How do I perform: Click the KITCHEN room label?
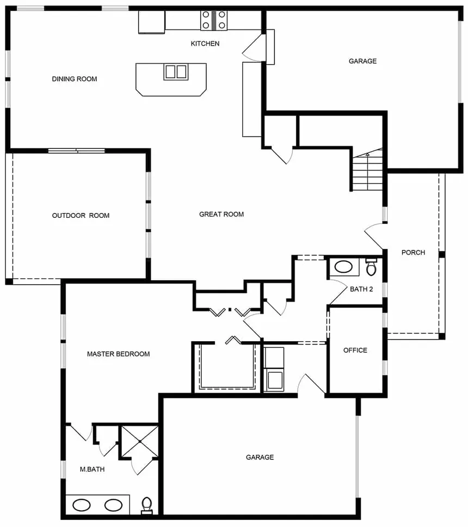coord(205,43)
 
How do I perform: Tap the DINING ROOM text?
coord(75,79)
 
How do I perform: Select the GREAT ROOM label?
coord(221,215)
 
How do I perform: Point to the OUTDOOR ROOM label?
coord(81,216)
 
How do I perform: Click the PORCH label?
coord(413,253)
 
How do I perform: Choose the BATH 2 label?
coord(361,290)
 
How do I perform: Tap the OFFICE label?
coord(355,350)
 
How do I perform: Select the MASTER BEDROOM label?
coord(118,354)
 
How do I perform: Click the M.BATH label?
coord(92,469)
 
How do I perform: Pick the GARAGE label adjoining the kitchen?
coord(362,61)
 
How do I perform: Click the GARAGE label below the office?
coord(260,457)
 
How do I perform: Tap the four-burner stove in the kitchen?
coord(214,20)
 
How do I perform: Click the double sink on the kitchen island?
coord(175,72)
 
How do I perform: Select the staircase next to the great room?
coord(368,171)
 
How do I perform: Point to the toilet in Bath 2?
coord(372,267)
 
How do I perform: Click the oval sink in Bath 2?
coord(343,267)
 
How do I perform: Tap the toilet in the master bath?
coord(146,506)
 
